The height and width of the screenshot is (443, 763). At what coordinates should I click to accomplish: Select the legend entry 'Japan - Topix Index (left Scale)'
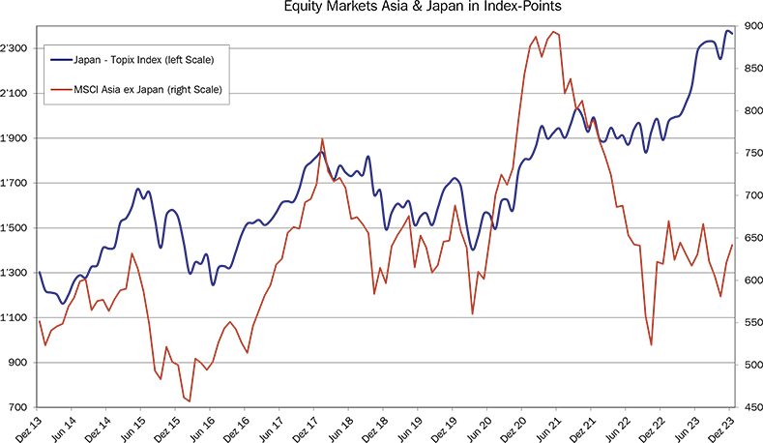(143, 60)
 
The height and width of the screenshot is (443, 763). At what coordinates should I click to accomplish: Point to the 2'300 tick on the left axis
(18, 48)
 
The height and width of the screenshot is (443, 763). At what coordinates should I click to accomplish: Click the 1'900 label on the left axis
(18, 138)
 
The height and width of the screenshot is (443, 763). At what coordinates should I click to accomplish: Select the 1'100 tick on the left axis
(18, 317)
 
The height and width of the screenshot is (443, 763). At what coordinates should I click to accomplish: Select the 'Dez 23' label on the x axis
(727, 426)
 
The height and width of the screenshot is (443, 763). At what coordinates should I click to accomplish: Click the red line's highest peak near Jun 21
(553, 32)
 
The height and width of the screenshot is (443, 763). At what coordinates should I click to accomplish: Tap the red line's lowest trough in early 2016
(190, 400)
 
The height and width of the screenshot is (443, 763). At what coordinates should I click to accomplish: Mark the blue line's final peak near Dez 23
(727, 31)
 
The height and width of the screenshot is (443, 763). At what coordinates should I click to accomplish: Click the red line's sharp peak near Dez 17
(322, 139)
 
